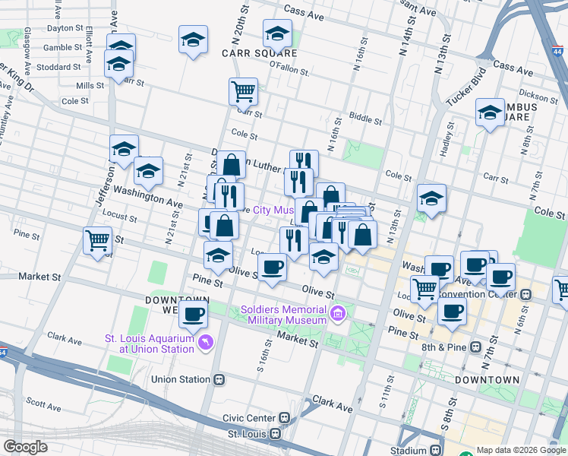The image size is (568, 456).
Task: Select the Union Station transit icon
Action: [x=219, y=379]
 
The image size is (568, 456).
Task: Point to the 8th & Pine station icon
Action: [x=475, y=347]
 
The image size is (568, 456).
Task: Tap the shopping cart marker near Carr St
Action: [x=243, y=92]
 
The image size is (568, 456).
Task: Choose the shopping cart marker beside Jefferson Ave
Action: [x=98, y=241]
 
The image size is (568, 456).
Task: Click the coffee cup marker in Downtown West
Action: [x=193, y=315]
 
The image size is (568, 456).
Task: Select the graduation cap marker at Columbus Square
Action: [x=490, y=113]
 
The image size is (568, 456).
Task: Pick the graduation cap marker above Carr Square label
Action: [x=277, y=34]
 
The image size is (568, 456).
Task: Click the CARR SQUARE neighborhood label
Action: [x=259, y=53]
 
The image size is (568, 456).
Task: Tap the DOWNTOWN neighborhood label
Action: [x=487, y=379]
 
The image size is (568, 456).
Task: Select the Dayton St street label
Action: [x=64, y=28]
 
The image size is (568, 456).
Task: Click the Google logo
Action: [x=25, y=447]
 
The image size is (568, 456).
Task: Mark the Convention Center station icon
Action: [x=525, y=293]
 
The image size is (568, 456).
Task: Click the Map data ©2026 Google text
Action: [x=521, y=450]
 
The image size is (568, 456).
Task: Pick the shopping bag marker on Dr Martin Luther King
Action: [x=232, y=163]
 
